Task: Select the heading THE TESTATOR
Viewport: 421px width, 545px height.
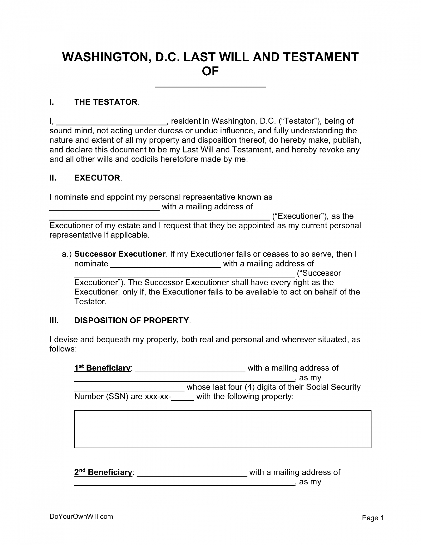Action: click(x=106, y=102)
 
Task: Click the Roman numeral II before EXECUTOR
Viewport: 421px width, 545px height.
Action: click(x=53, y=178)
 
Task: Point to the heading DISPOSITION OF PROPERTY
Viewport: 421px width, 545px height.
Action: click(x=132, y=320)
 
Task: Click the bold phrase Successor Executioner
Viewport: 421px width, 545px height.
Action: click(x=120, y=254)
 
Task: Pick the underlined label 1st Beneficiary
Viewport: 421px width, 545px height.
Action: click(x=102, y=368)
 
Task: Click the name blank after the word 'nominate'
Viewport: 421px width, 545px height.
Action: click(x=166, y=266)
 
